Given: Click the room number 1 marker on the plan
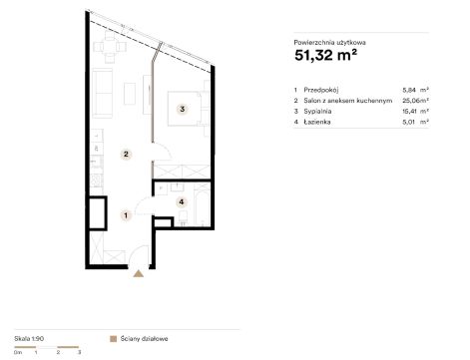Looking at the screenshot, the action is pos(126,215).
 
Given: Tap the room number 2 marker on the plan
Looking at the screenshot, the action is pos(126,155).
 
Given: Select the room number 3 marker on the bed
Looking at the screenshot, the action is pos(183,109).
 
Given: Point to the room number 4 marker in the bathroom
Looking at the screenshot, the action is pos(182,201).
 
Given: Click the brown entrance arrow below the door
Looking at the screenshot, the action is pos(139,273).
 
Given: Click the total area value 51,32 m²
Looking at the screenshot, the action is pos(325,55).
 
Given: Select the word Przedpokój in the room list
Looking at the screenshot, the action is pos(321,90).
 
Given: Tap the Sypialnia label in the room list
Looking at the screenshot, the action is pos(317,111).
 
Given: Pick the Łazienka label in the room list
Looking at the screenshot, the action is pos(317,122).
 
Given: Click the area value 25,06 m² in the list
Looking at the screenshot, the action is pos(415,101).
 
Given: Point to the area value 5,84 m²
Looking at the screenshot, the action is pos(415,90).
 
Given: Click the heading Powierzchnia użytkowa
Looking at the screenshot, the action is pos(330,43).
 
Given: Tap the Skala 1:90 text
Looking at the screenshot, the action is pos(29,339).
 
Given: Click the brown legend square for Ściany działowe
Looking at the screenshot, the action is pos(114,339).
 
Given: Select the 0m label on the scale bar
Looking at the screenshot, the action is pos(18,352).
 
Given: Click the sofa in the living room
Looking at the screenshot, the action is pos(102,93).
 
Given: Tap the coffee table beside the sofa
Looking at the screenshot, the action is pos(130,94).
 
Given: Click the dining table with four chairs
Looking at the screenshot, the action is pos(110,47).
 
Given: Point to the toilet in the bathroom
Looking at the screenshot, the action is pos(183,216).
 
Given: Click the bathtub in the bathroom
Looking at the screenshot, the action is pos(202,204).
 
